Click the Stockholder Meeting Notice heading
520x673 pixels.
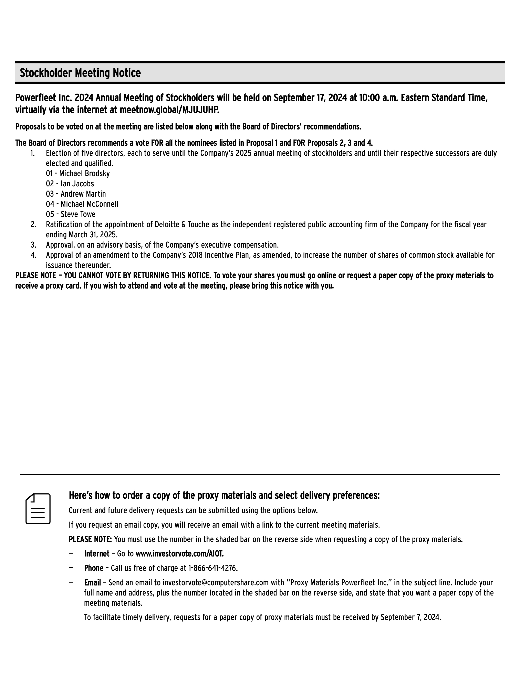point(80,73)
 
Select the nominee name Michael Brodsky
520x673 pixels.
point(84,174)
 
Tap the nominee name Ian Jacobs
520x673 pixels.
point(77,184)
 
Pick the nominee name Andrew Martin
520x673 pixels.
point(83,194)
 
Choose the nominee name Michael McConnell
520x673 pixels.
point(89,204)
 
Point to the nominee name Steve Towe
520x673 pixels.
point(78,214)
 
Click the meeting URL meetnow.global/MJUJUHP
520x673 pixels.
point(169,110)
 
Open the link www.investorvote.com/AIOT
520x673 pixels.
point(180,554)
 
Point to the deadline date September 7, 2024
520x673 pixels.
point(411,617)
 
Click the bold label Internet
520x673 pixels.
point(97,554)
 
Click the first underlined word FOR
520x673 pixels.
point(157,143)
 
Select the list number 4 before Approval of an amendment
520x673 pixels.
point(33,255)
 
